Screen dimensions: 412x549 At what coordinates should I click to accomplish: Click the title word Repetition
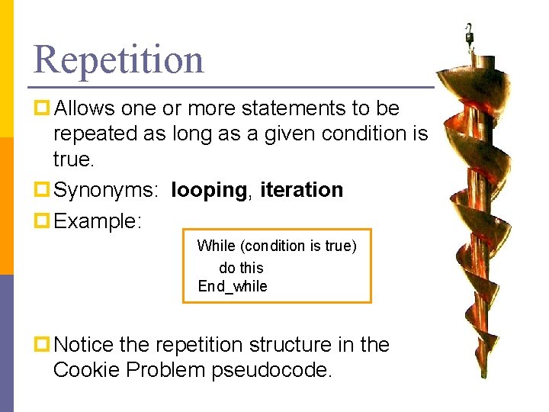(x=119, y=60)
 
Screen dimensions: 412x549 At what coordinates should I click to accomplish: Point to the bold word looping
(x=209, y=190)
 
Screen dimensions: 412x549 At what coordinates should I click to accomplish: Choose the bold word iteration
(x=302, y=190)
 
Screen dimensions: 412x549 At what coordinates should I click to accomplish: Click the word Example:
(x=98, y=221)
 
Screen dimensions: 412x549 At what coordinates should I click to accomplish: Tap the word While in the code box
(x=216, y=246)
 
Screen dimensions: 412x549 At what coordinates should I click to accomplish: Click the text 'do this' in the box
(x=241, y=268)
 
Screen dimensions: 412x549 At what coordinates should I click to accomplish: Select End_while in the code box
(x=233, y=287)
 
